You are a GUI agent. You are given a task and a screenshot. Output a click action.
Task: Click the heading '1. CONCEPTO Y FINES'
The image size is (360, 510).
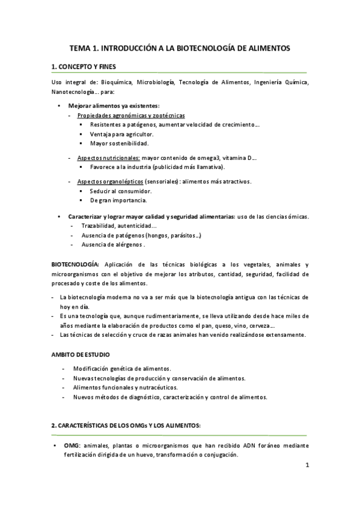tap(83, 66)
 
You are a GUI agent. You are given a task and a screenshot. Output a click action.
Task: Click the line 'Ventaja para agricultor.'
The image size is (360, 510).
tap(122, 134)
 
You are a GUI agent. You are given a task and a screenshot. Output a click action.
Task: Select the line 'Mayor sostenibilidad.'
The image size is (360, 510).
tap(119, 144)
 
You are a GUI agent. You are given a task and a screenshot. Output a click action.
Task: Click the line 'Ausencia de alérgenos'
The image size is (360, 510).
tap(112, 245)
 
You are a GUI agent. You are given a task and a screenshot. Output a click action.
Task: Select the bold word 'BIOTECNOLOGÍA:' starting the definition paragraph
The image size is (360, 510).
tap(75, 264)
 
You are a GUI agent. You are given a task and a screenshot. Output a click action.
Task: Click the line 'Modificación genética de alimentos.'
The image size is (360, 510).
tap(122, 368)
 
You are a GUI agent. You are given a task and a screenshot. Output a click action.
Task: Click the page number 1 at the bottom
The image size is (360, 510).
tap(307, 465)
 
